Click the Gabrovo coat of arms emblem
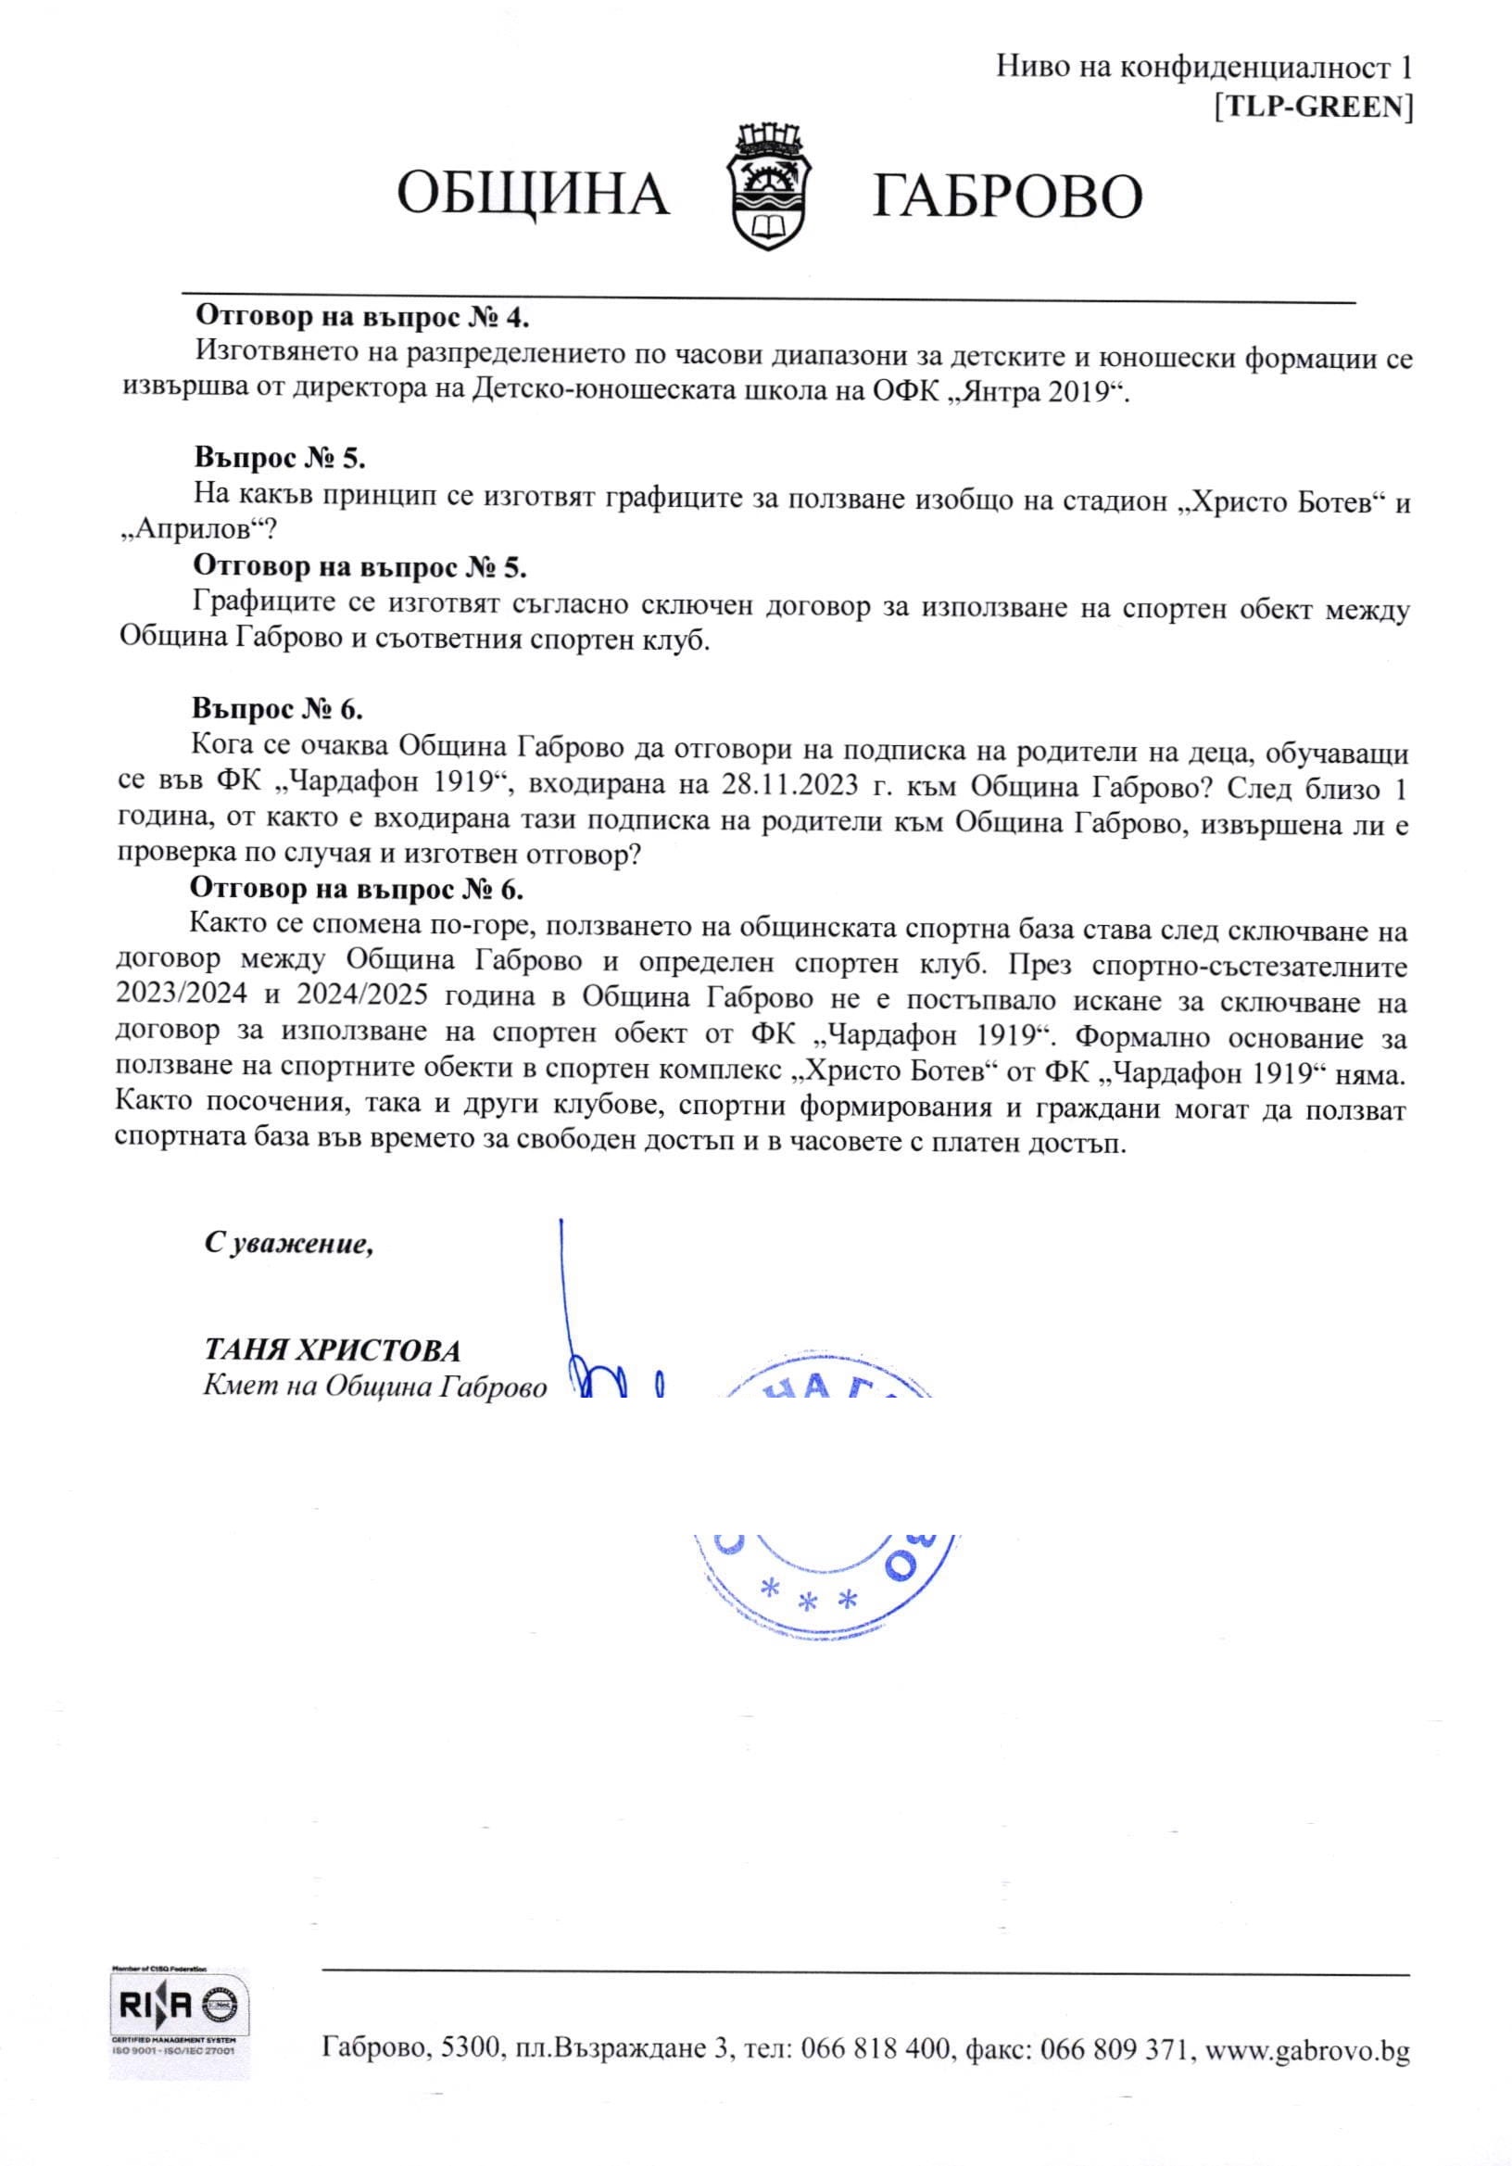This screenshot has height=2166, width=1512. [x=772, y=190]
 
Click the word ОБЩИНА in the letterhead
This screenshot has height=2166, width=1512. [x=533, y=195]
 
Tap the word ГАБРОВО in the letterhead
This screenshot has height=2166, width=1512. [x=1007, y=196]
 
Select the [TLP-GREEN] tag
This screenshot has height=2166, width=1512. [x=1314, y=108]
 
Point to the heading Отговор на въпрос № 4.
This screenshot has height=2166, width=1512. [x=362, y=315]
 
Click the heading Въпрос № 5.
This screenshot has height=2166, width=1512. [x=279, y=459]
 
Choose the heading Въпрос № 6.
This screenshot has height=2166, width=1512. [x=277, y=708]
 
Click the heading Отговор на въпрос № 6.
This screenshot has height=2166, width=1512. [x=357, y=888]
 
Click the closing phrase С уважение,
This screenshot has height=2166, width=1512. [x=289, y=1245]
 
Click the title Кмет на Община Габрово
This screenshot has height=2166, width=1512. [x=374, y=1387]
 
